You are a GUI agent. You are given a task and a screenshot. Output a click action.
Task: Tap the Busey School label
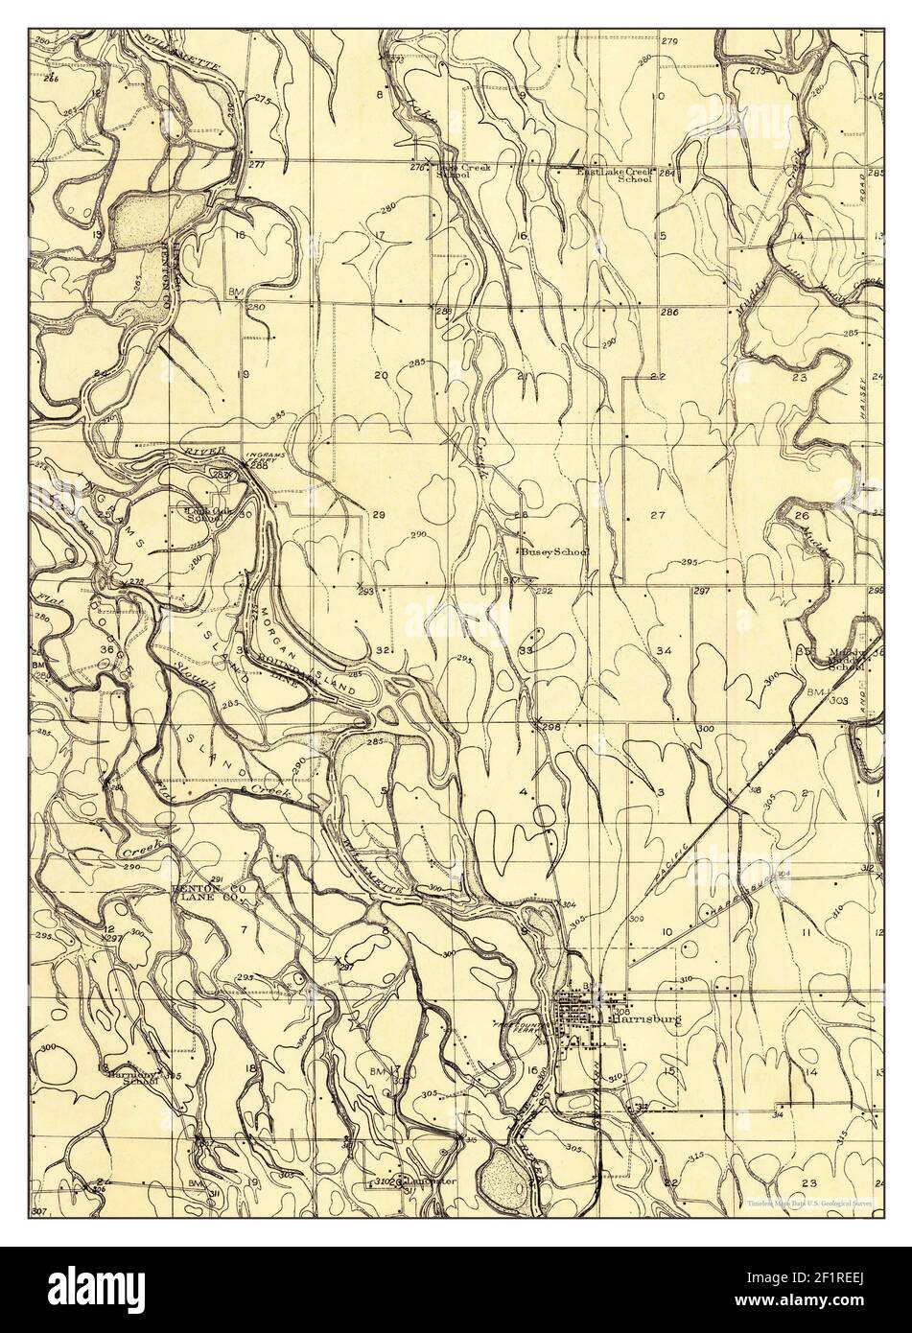(553, 552)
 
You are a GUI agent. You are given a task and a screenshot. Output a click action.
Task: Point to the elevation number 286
(668, 313)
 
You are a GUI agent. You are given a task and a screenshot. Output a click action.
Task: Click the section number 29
(379, 516)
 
